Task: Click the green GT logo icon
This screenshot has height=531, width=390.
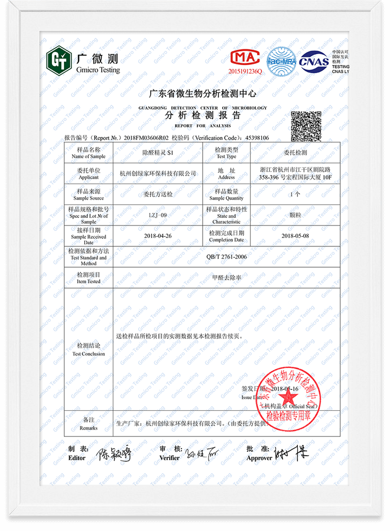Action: (x=59, y=59)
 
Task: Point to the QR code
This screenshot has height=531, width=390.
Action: (x=306, y=125)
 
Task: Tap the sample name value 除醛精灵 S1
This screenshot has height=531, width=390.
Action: (x=157, y=153)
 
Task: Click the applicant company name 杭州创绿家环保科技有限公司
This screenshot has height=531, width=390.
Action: (x=158, y=173)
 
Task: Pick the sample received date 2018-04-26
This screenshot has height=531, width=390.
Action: (x=158, y=236)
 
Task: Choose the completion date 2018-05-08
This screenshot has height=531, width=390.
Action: (x=295, y=236)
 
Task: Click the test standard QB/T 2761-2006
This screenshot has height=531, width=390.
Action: (x=227, y=256)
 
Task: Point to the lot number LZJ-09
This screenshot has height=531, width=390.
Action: (x=158, y=215)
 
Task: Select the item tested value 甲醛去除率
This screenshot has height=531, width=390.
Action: (x=227, y=278)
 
